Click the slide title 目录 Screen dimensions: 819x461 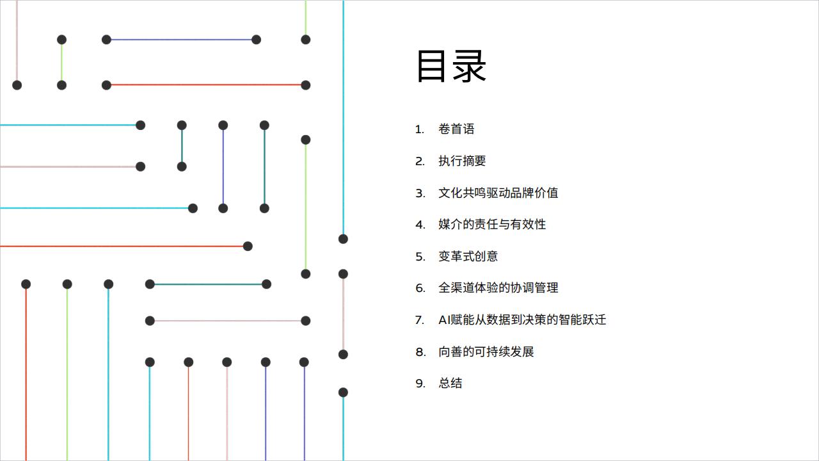[x=452, y=66]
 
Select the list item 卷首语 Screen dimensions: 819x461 [x=456, y=129]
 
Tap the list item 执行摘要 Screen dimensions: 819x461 [x=462, y=161]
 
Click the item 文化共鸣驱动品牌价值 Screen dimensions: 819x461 [x=498, y=193]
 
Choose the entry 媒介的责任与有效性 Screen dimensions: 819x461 [x=492, y=224]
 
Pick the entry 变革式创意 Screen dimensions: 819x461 [x=468, y=256]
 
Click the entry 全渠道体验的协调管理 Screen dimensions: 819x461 [x=498, y=287]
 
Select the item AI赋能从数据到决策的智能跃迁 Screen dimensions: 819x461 [x=522, y=319]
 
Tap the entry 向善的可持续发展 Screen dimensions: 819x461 [x=486, y=352]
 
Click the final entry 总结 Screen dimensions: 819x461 [x=450, y=383]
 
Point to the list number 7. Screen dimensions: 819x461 [x=420, y=320]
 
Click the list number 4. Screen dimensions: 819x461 [x=420, y=225]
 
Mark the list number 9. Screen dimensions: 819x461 [x=420, y=384]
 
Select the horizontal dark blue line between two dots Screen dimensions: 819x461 [x=181, y=40]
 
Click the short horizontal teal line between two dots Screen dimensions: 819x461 [x=208, y=284]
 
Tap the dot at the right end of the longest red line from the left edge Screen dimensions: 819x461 [x=248, y=247]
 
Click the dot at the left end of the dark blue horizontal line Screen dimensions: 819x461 [x=106, y=40]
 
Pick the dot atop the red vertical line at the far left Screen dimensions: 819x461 [x=26, y=284]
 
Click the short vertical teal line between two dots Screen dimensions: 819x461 [x=182, y=146]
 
